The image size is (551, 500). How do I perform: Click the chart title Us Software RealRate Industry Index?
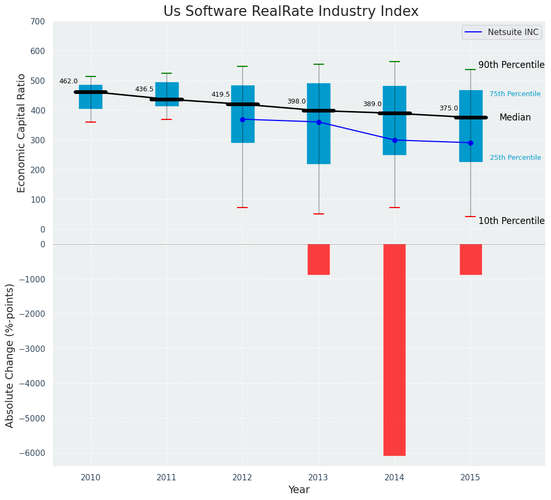(291, 12)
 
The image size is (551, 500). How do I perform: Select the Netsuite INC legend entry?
(501, 32)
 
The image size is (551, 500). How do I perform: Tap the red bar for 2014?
(395, 349)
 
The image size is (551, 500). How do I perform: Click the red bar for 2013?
(319, 259)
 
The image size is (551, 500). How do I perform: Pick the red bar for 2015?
(470, 259)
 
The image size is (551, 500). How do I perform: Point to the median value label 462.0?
(68, 81)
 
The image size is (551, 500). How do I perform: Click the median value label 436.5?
(144, 89)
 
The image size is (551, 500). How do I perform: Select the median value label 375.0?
(449, 108)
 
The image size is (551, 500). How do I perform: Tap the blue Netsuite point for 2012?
(242, 119)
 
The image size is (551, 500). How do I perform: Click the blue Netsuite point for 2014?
(395, 140)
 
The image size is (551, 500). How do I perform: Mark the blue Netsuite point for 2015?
(470, 143)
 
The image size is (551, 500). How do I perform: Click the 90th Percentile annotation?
(511, 65)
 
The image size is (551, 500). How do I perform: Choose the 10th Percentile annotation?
(511, 221)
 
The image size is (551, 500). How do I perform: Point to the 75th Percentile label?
(515, 94)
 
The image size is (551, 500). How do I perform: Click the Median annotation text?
(515, 118)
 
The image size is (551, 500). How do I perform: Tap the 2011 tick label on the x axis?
(167, 478)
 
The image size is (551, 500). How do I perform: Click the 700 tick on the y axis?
(38, 21)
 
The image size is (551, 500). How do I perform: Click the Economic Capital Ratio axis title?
(22, 133)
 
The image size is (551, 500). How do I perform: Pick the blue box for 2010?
(91, 97)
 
